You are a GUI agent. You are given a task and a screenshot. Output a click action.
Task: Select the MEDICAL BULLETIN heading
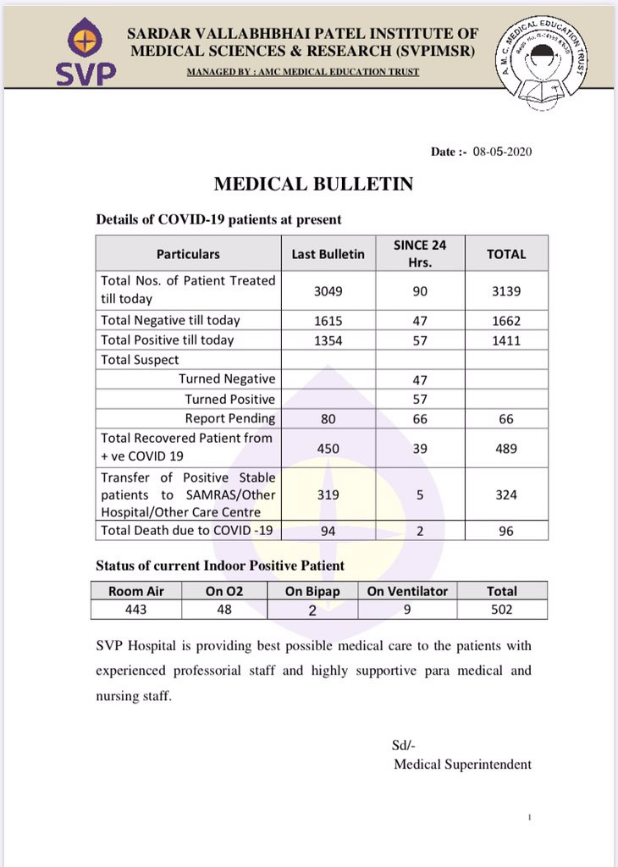point(313,184)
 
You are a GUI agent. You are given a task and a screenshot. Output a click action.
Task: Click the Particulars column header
point(188,253)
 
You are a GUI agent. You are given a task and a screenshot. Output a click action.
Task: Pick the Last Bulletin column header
point(328,253)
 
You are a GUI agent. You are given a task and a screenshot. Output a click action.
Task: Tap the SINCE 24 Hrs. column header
point(421,253)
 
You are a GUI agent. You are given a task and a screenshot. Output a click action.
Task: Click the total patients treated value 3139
point(506,290)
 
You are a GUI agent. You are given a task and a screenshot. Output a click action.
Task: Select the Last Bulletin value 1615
point(328,320)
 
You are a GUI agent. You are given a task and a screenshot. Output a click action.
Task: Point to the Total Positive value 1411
point(506,340)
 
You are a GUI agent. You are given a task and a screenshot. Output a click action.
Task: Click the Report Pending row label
point(230,418)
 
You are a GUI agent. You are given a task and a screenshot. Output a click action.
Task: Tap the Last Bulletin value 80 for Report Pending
point(328,418)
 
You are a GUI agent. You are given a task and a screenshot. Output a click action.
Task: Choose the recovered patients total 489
point(506,447)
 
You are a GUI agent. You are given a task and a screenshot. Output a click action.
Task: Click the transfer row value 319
point(328,494)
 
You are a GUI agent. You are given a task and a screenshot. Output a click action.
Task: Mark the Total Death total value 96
point(506,531)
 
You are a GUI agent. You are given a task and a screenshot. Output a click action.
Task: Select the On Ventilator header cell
point(407,591)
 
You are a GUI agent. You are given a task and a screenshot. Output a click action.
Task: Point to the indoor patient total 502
point(502,610)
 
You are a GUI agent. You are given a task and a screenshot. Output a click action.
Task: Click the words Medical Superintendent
point(462,764)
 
